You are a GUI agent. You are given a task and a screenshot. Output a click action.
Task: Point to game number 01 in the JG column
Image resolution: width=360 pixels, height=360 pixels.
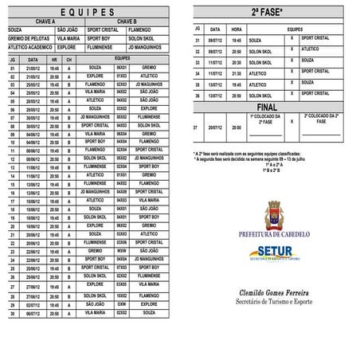point(13,68)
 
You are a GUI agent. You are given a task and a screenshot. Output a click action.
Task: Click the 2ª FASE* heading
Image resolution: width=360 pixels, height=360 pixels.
point(267,14)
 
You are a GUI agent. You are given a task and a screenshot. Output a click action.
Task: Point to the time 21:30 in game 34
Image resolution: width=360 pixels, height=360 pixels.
point(237,72)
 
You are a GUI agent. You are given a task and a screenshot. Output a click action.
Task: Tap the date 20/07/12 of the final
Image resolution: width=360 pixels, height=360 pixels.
point(215,127)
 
